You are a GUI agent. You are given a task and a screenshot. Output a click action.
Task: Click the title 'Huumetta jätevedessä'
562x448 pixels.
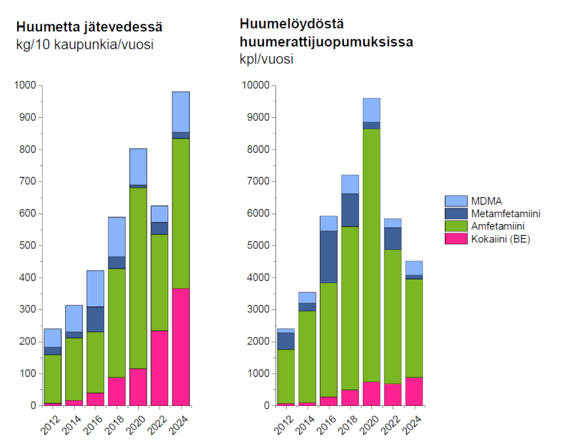[x=89, y=27]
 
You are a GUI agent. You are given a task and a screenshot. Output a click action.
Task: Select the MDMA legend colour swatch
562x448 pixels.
[x=455, y=201]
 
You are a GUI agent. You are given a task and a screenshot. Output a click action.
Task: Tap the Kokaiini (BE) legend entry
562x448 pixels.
[x=500, y=239]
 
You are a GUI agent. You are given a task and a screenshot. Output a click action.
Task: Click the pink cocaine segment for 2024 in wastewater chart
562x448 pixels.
[x=181, y=347]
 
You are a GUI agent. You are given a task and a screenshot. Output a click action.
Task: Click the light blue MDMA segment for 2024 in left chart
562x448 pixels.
[x=181, y=112]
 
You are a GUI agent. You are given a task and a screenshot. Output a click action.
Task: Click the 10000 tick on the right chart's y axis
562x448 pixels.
[x=257, y=85]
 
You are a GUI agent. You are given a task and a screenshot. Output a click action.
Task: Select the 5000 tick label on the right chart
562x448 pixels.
[x=259, y=245]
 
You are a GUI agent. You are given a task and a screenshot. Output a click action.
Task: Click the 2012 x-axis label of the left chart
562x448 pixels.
[x=51, y=424]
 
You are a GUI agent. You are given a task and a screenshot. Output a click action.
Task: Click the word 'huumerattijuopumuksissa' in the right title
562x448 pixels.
[x=326, y=42]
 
